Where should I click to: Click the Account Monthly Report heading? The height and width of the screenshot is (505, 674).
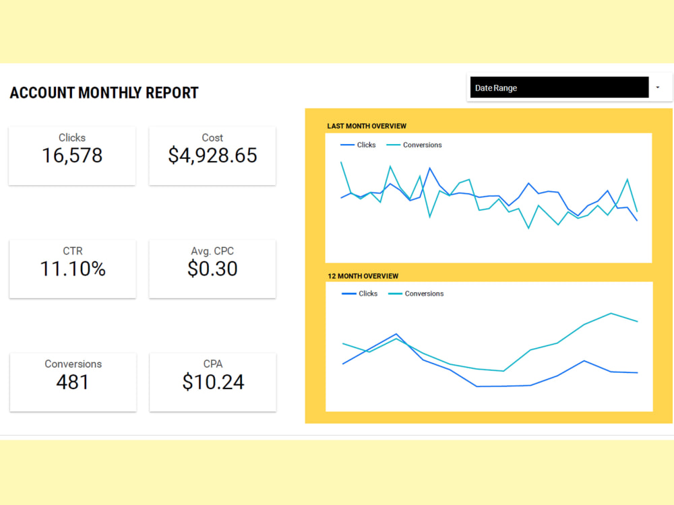104,93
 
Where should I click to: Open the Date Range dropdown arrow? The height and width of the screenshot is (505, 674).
658,87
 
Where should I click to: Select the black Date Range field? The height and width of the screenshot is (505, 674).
559,87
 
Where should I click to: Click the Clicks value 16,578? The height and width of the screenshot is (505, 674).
72,156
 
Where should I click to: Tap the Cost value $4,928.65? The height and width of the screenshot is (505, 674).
212,156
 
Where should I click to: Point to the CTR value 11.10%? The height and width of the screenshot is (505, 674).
73,269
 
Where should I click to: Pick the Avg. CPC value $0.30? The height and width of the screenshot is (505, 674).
212,269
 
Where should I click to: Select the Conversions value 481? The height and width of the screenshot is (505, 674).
73,382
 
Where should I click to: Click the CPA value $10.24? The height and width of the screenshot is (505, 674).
213,382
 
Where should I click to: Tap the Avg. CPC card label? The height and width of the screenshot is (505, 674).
212,251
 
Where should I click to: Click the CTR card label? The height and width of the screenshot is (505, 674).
73,251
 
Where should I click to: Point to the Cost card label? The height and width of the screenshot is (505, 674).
212,138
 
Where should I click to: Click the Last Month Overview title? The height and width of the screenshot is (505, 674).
367,127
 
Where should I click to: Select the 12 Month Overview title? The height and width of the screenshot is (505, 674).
363,276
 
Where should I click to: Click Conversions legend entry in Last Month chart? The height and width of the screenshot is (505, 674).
414,145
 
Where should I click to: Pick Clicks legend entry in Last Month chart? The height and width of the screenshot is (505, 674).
358,145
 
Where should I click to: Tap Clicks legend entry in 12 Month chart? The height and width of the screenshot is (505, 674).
360,294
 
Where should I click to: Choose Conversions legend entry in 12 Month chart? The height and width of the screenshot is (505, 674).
416,294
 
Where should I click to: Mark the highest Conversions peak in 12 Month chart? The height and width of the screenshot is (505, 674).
611,314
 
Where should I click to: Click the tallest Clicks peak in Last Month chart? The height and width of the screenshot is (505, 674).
430,168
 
